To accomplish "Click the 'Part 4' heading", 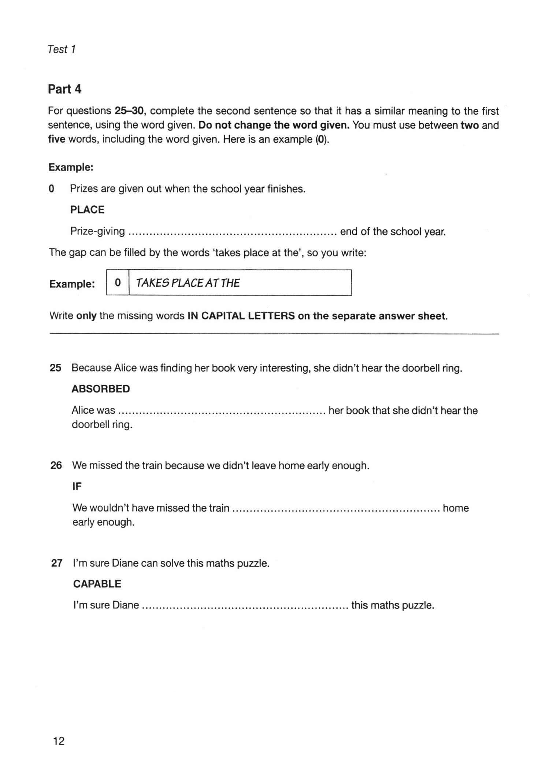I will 64,89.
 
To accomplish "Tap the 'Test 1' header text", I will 62,49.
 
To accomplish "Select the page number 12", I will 59,741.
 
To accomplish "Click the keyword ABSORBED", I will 101,389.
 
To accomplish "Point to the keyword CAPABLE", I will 97,583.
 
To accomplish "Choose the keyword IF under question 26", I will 77,486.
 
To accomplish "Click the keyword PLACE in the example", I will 87,210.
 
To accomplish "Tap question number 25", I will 55,368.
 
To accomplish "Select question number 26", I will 56,465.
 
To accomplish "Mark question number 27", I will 57,563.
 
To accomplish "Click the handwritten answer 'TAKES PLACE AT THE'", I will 188,283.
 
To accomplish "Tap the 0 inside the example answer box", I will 118,283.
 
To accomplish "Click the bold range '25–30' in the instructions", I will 130,111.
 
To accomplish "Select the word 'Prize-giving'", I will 97,231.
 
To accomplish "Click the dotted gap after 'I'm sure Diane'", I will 245,606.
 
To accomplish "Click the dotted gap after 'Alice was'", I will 222,411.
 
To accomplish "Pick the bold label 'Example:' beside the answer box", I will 72,284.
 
